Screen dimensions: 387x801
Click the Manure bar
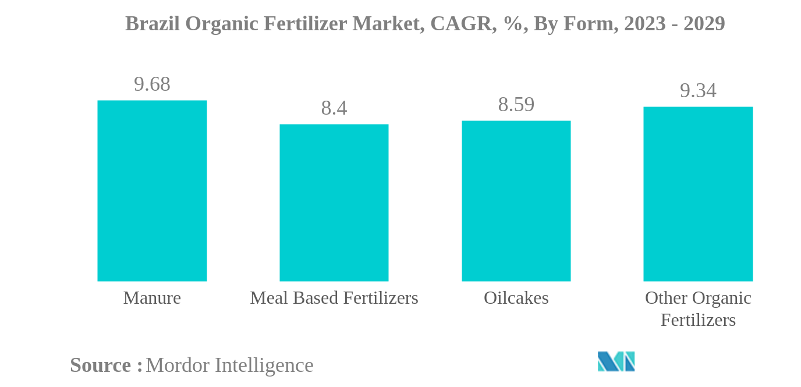tap(152, 191)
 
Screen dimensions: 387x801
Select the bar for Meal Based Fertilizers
tap(334, 203)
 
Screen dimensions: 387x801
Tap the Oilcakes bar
tap(516, 201)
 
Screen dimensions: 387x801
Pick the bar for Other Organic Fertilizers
tap(697, 194)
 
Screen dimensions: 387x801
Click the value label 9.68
tap(152, 84)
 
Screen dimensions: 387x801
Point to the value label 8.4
tap(334, 108)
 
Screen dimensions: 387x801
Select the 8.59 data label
tap(516, 105)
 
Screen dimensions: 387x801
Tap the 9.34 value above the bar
tap(698, 91)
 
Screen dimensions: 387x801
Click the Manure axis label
tap(152, 298)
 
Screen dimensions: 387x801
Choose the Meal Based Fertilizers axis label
tap(334, 298)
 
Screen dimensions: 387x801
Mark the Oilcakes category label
tap(516, 298)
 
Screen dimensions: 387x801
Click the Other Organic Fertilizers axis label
tap(698, 308)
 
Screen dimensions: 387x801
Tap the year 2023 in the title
tap(644, 24)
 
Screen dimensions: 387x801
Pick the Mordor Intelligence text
tap(229, 365)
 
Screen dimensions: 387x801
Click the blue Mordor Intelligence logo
tap(616, 361)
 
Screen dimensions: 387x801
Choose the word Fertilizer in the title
tap(300, 24)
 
